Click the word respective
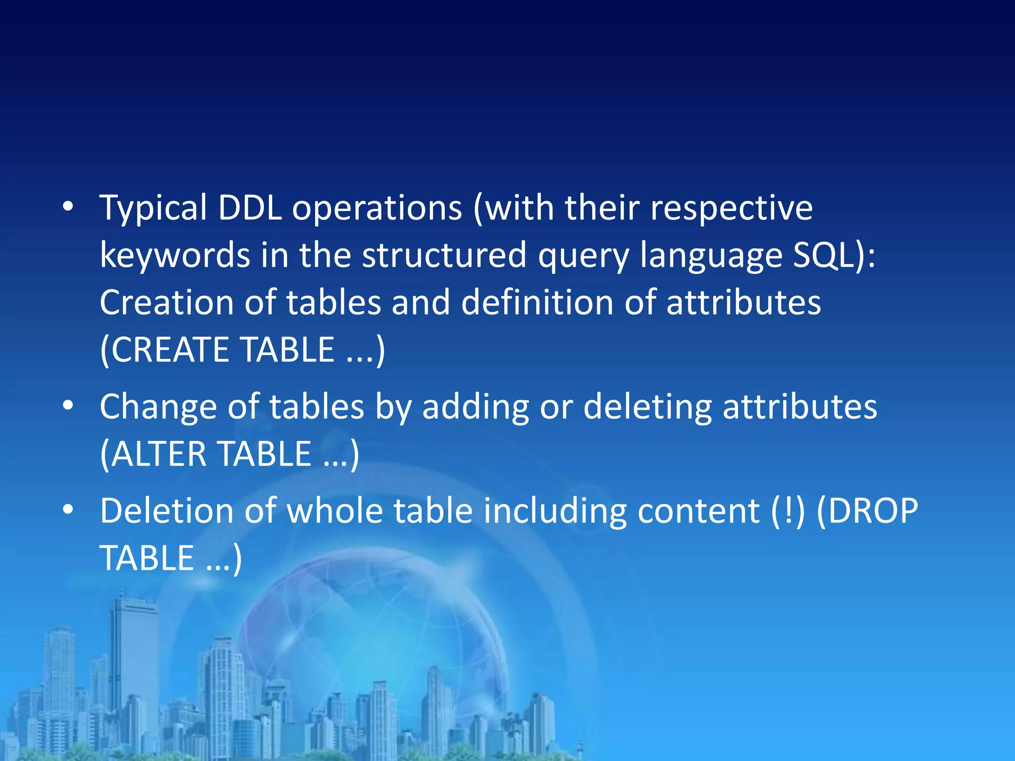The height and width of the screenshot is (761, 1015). tap(732, 208)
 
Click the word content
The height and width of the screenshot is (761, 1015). tap(698, 511)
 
